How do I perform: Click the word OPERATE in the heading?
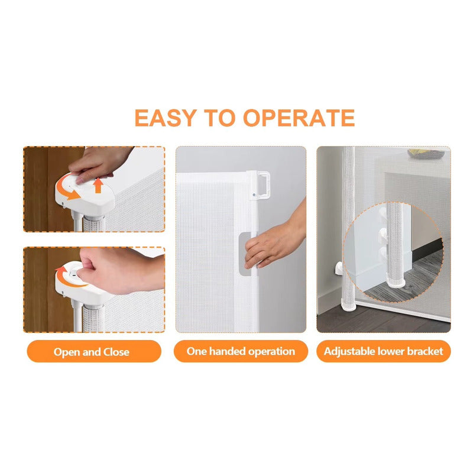(299, 118)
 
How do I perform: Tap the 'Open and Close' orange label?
(94, 351)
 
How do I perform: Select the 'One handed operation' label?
(241, 351)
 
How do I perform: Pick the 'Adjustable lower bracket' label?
(383, 351)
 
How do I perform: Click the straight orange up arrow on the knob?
(98, 185)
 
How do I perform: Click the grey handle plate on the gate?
(245, 254)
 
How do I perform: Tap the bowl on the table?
(426, 153)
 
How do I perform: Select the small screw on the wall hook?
(254, 195)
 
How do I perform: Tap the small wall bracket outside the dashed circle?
(338, 268)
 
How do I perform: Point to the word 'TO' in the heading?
(219, 118)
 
